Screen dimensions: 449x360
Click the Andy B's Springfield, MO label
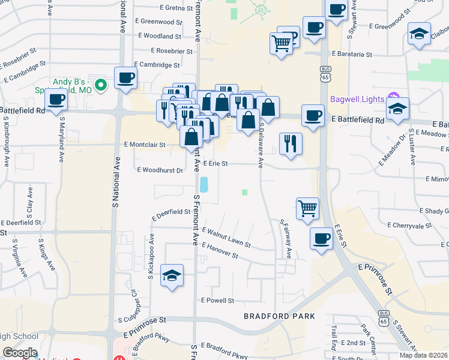pos(71,85)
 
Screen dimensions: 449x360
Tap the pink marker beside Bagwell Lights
pos(394,96)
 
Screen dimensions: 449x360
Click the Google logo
pos(20,353)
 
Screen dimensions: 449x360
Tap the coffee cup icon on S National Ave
pos(126,78)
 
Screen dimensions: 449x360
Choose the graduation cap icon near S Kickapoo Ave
pos(172,275)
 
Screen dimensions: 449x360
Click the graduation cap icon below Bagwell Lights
pos(397,109)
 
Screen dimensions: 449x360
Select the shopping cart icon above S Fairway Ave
pos(307,209)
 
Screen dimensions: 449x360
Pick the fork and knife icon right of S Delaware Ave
pos(291,143)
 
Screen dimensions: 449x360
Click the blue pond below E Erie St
pos(205,184)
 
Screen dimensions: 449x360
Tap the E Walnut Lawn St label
pos(226,238)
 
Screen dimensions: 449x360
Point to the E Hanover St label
pos(220,251)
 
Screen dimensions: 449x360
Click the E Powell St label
pos(217,300)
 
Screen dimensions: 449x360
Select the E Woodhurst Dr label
pos(160,170)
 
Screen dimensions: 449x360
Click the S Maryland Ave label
pos(62,140)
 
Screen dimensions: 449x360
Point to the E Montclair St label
pos(145,145)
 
